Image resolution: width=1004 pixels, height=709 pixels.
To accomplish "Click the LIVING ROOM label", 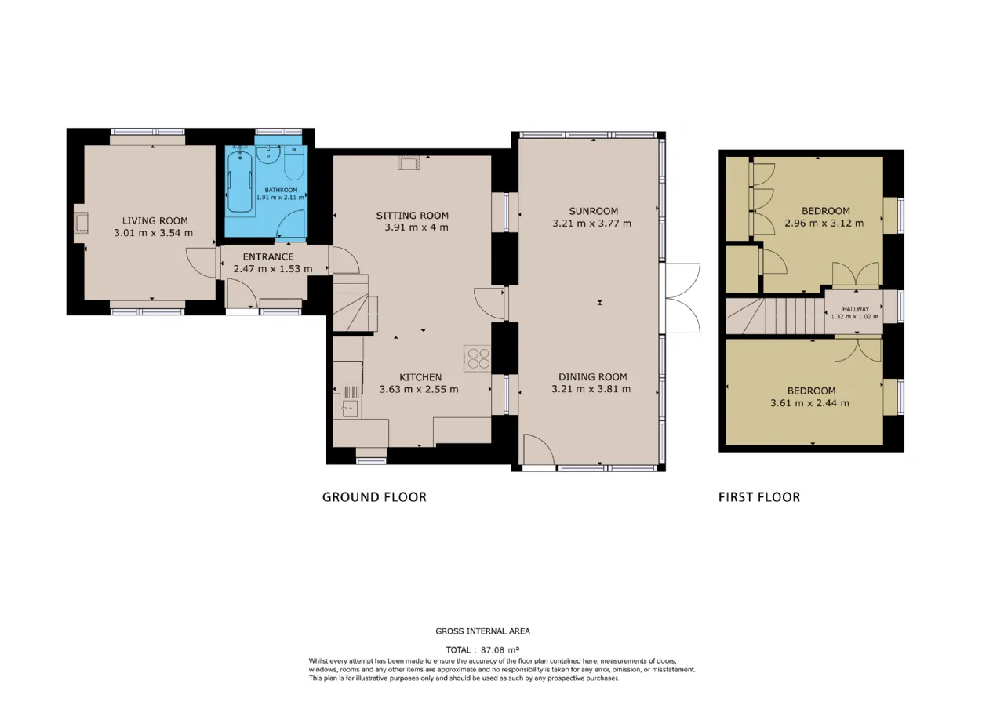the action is pos(155,220).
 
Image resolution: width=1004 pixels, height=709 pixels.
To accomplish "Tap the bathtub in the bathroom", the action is pos(240,181).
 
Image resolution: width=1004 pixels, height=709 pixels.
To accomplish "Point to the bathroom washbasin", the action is pos(269,155).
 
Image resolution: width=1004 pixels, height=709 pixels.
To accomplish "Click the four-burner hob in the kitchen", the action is pos(478,358).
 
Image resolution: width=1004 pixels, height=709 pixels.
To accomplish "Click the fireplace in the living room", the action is pos(81,224).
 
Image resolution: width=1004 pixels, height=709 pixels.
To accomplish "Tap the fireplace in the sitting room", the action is pos(409,162).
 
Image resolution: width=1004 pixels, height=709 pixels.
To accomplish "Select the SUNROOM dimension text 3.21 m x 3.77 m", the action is pos(591,224).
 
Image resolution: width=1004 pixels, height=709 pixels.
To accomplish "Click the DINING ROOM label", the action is pos(592,377).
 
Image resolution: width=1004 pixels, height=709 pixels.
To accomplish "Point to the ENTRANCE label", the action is pos(268,256).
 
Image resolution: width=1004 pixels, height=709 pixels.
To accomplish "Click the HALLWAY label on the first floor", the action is pos(855,309).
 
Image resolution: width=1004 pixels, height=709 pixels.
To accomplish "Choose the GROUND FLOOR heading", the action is pos(374,497).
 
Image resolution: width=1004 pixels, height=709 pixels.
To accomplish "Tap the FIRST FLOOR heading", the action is pos(759,497).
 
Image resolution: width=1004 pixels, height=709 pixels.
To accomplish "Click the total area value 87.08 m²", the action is pos(500,649).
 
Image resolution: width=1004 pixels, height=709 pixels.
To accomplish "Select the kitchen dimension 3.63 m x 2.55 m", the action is pos(419,389).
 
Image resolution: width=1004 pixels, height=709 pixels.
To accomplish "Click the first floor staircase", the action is pos(776,316).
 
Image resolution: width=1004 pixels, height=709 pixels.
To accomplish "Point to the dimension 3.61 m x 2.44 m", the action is pos(809,403).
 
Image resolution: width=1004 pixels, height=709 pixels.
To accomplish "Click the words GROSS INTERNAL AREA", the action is pos(482,631).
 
